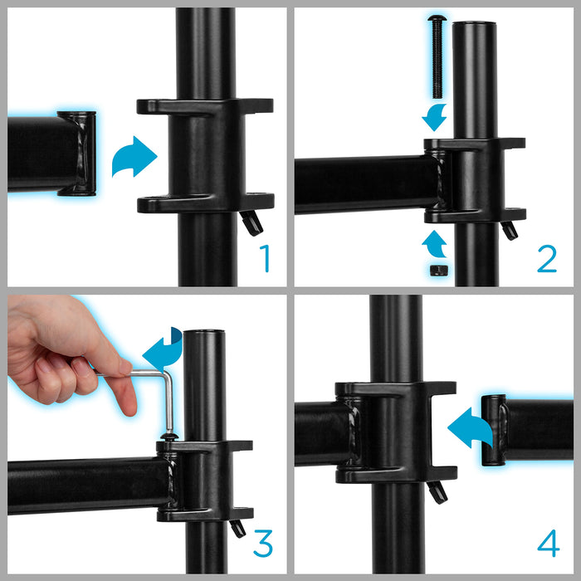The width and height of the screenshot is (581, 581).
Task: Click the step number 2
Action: point(546,257)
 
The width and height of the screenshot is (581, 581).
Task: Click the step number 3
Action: point(262,544)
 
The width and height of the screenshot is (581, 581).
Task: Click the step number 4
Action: point(548,544)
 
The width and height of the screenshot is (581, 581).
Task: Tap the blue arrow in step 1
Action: point(134,157)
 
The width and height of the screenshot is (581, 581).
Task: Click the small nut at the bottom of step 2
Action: point(438,270)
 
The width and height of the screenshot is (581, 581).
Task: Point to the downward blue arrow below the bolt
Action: point(435,116)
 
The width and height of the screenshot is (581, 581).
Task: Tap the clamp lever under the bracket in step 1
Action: point(250,222)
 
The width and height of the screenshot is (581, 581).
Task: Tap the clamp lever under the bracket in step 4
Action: point(437,491)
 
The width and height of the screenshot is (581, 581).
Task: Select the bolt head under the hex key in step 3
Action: point(168,435)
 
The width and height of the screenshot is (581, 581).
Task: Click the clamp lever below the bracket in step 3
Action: point(238,527)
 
